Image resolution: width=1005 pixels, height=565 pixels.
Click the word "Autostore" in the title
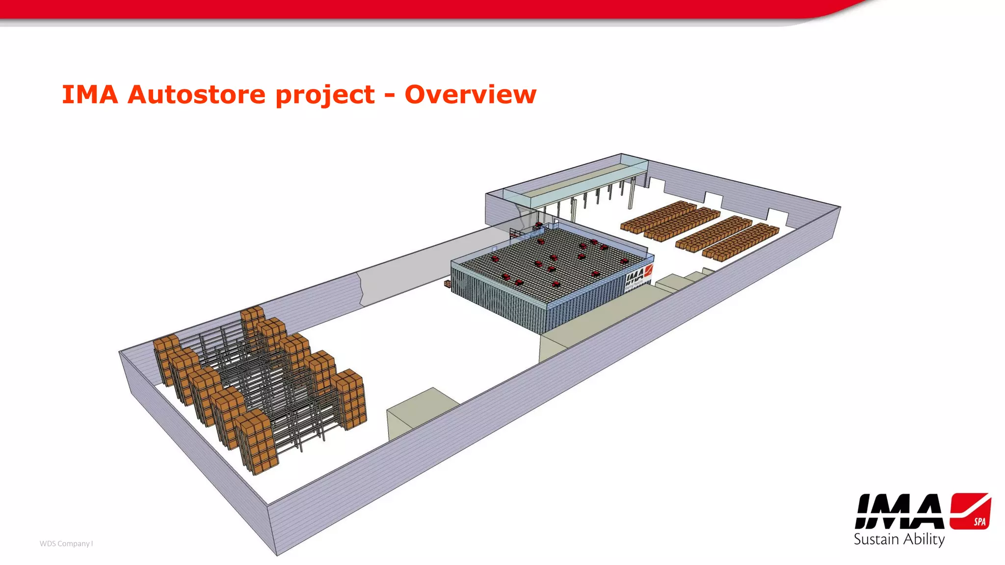coord(196,94)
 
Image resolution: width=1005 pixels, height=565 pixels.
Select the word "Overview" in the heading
coord(470,94)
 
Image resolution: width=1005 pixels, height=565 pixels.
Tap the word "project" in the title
coord(325,95)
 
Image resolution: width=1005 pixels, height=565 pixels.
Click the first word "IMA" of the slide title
coord(90,94)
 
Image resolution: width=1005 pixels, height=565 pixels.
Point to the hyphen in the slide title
coord(389,96)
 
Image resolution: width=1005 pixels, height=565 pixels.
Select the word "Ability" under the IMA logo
coord(924,540)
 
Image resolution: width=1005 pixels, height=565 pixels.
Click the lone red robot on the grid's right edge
coord(625,261)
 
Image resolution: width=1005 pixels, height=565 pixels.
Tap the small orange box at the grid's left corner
coord(448,283)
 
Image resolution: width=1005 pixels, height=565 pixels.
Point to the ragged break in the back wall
coord(362,289)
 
